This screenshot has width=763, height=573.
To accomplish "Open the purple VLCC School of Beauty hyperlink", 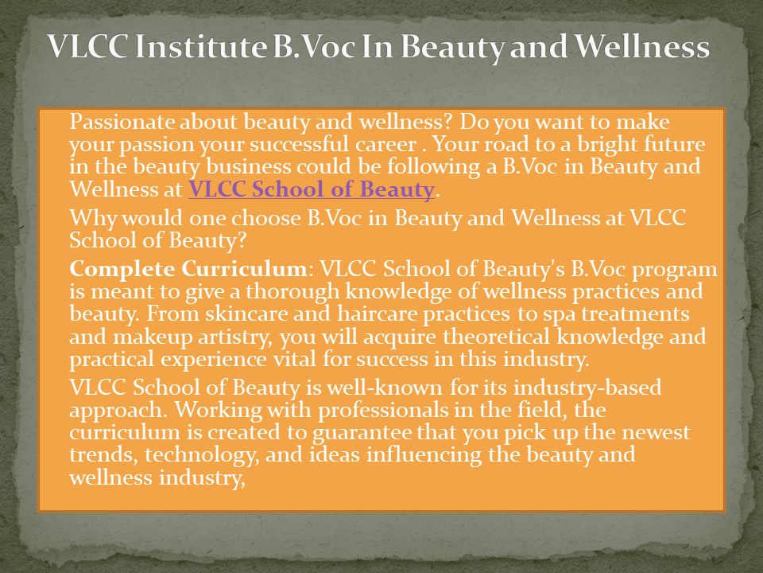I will tap(311, 190).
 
